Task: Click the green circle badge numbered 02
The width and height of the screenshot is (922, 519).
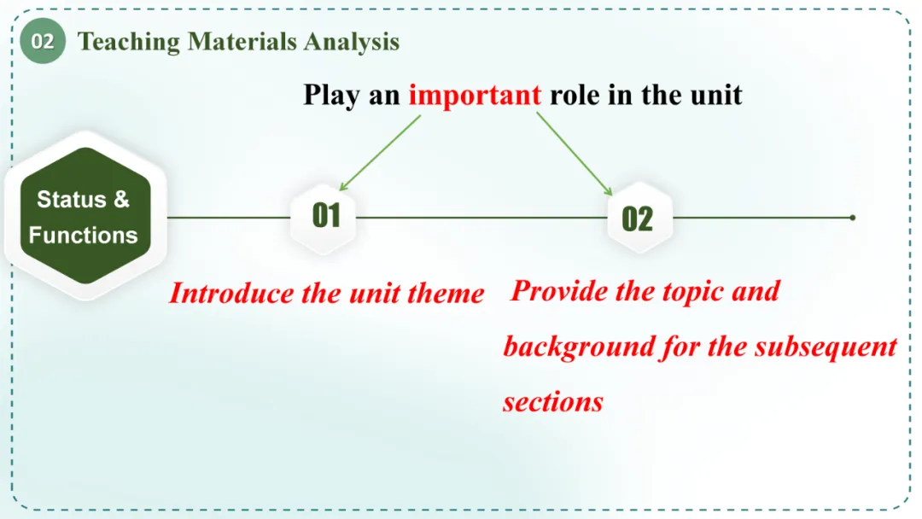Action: pos(43,41)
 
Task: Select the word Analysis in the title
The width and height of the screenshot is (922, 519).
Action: pos(352,43)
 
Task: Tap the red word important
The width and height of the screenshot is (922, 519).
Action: pos(475,96)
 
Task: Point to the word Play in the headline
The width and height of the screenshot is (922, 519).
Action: pos(331,96)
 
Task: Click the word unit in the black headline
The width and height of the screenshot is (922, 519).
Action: pos(716,96)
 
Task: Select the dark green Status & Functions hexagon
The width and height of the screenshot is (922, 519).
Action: pos(85,216)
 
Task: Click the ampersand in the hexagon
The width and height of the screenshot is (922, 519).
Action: pos(122,200)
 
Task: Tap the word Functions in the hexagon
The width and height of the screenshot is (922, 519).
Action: pos(83,236)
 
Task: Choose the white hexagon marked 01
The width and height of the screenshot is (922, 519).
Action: pos(324,216)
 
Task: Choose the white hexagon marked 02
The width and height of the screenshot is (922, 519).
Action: pos(639,218)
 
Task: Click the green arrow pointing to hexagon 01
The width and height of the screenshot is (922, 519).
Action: pos(380,153)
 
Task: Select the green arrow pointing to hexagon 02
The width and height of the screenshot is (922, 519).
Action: pos(575,154)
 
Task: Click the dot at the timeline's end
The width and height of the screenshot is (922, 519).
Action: pos(853,218)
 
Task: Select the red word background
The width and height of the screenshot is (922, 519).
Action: pos(579,347)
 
